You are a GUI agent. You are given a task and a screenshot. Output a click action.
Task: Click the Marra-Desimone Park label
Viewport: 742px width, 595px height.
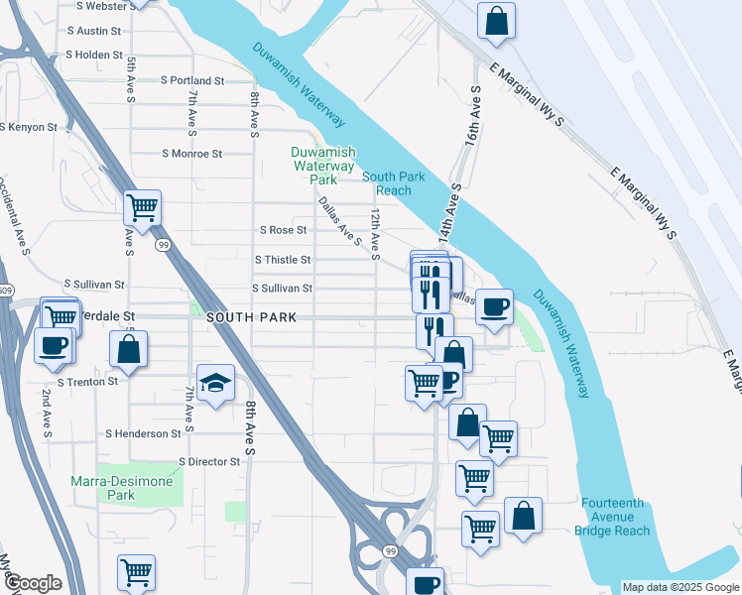pos(122,488)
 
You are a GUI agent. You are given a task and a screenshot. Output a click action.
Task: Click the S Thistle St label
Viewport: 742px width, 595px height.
pos(283,260)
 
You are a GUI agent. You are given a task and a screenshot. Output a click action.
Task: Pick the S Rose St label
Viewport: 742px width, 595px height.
pos(283,230)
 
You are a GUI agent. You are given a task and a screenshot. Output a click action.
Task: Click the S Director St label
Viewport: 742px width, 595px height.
pos(209,462)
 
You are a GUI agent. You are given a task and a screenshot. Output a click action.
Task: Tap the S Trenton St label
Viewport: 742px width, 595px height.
pos(88,381)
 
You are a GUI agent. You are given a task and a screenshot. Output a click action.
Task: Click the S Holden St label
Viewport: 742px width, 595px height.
pos(94,56)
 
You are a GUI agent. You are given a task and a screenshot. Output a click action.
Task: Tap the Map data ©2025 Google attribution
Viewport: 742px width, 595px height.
pos(680,587)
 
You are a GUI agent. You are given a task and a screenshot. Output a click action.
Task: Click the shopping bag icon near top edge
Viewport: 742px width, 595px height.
pos(496,20)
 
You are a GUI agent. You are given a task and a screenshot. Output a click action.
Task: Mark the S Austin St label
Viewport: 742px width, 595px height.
pos(93,31)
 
